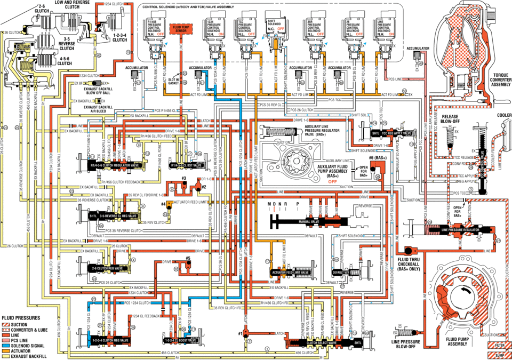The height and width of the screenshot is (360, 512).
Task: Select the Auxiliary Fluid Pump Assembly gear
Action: tap(294, 161)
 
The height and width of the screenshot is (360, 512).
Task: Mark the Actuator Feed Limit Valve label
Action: tap(290, 272)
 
